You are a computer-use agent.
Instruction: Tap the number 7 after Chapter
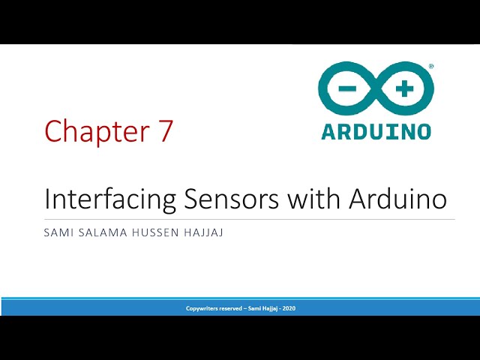(166, 131)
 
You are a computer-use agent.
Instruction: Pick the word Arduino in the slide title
(397, 199)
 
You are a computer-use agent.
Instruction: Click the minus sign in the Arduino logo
(347, 88)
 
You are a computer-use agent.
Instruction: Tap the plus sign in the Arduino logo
(404, 88)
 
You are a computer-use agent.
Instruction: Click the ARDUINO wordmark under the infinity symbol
(376, 131)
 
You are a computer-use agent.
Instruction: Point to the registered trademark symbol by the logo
(430, 67)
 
